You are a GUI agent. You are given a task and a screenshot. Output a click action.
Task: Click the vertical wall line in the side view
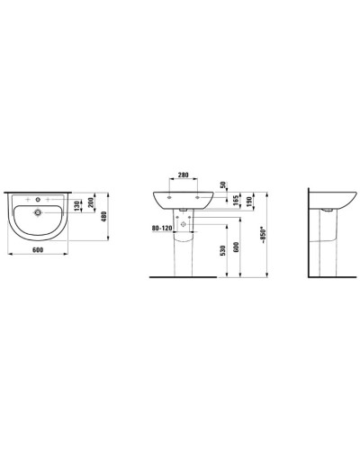(x=310, y=234)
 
